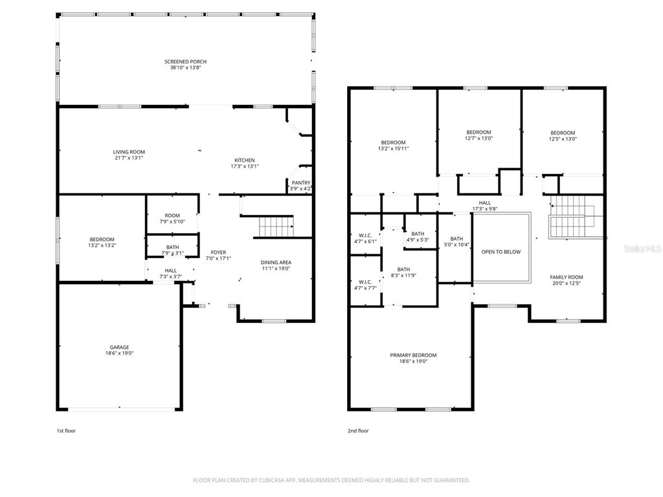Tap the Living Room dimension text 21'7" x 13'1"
point(129,158)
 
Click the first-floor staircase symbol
point(276,227)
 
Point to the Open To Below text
point(501,252)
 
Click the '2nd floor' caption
point(358,430)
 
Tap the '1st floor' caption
point(67,430)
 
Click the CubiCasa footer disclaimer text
point(331,480)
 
